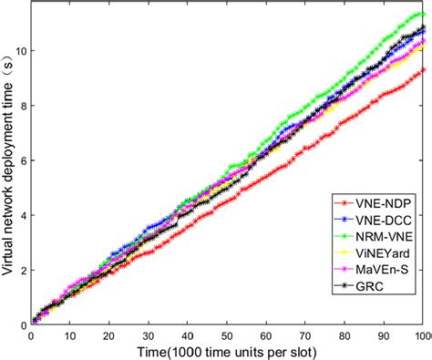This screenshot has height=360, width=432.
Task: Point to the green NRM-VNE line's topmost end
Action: tap(423, 14)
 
